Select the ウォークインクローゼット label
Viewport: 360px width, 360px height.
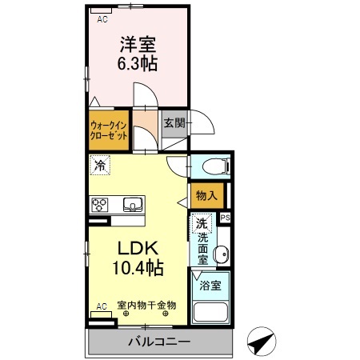107,130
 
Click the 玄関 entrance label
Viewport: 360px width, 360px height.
174,123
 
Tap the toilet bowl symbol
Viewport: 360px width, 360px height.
214,166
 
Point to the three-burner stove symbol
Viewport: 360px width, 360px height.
100,204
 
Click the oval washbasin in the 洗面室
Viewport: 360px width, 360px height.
223,254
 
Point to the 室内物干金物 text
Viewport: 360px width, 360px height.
146,305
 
